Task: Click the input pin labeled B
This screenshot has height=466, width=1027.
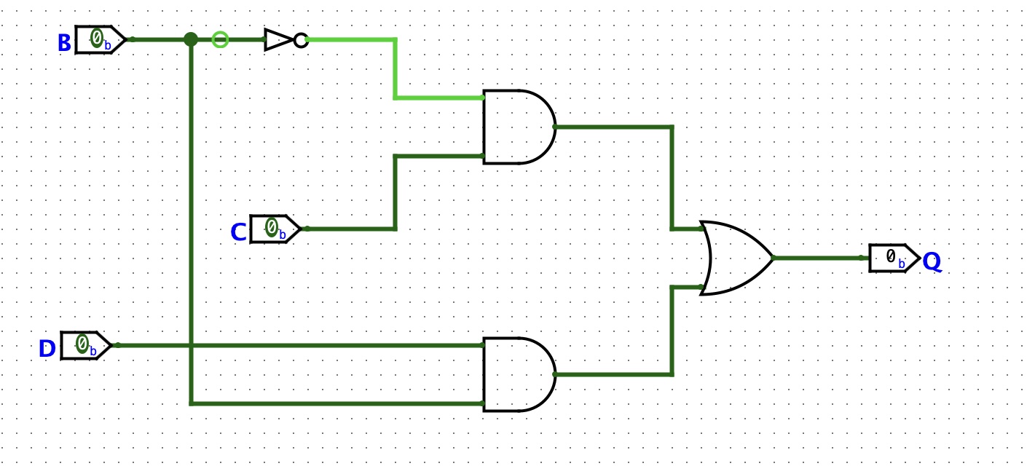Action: pyautogui.click(x=101, y=39)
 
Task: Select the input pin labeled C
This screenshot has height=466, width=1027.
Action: pyautogui.click(x=275, y=229)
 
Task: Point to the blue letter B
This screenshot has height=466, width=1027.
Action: pyautogui.click(x=64, y=44)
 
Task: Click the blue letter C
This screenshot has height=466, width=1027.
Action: pyautogui.click(x=237, y=233)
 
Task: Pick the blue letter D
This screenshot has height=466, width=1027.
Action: pyautogui.click(x=47, y=349)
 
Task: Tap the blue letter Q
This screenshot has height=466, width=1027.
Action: pyautogui.click(x=932, y=262)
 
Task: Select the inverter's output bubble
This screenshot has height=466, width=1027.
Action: pyautogui.click(x=301, y=40)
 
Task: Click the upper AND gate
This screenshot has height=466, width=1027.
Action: pyautogui.click(x=518, y=127)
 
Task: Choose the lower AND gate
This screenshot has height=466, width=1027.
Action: pyautogui.click(x=518, y=374)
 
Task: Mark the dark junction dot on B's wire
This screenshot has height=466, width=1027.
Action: pyautogui.click(x=191, y=39)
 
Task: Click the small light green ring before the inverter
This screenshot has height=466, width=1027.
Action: pyautogui.click(x=220, y=39)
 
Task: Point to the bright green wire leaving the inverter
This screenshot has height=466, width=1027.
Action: pyautogui.click(x=395, y=68)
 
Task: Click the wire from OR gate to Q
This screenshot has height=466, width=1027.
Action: pyautogui.click(x=819, y=258)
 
